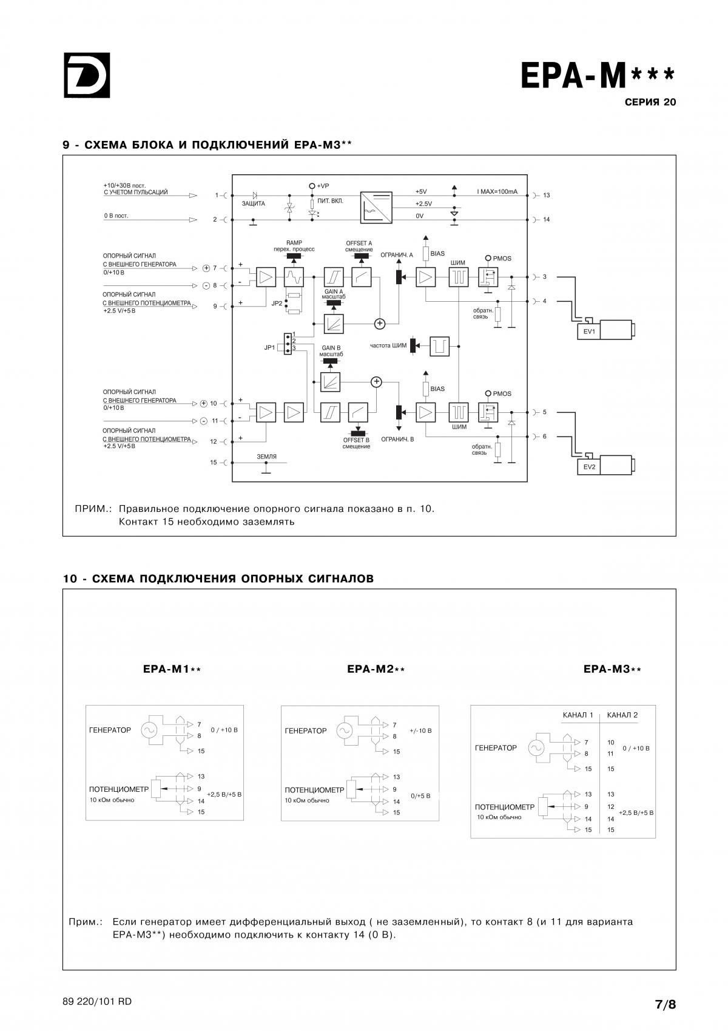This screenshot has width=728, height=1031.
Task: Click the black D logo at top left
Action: coord(87,75)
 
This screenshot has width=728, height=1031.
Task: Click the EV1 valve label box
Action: coord(589,332)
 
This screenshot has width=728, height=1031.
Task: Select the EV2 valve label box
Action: coord(589,467)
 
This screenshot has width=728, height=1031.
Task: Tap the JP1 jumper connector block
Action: coord(288,344)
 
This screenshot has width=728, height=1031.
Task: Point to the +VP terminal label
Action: coord(323,186)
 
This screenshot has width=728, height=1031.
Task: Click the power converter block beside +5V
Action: coord(376,208)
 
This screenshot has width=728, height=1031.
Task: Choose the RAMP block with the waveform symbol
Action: coord(294,277)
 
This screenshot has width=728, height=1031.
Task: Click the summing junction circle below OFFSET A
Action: coord(380,324)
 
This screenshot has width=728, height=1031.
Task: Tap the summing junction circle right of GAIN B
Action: coord(377,382)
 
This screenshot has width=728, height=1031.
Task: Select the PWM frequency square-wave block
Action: coord(440,346)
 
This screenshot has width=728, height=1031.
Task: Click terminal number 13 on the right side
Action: coord(547,195)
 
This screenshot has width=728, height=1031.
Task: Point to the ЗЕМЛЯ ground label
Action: coord(267,457)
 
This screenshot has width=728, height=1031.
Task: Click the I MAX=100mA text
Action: coord(497,191)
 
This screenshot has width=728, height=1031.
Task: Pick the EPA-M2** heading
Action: coord(376,669)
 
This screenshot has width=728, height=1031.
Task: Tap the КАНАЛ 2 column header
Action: coord(622,715)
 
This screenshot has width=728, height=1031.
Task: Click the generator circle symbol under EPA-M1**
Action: coord(149,730)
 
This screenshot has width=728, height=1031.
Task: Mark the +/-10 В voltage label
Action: coord(420,730)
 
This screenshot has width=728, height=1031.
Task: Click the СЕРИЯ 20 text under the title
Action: coord(650,102)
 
